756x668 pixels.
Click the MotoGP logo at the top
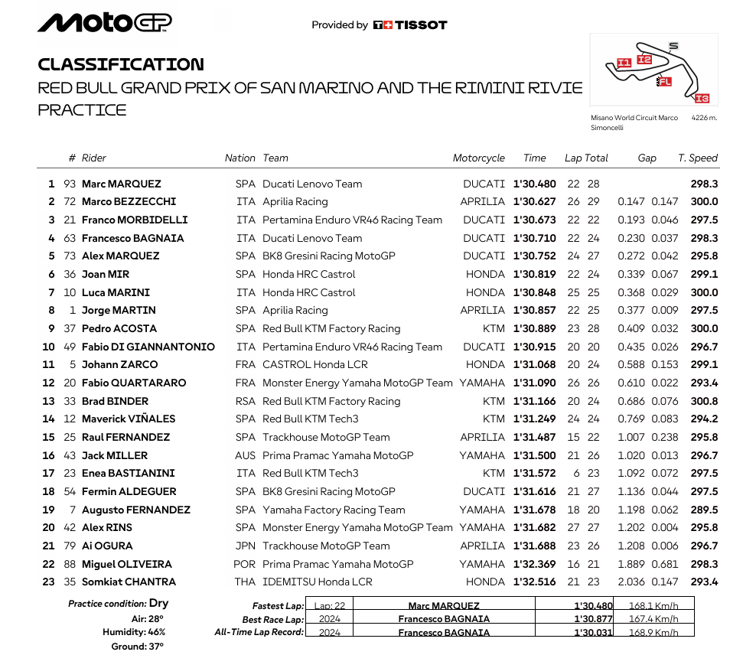point(105,23)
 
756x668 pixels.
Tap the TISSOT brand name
point(420,25)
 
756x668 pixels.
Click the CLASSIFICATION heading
point(121,64)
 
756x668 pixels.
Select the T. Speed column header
point(698,158)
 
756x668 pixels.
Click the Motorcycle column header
point(479,158)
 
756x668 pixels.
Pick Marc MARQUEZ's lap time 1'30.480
point(535,184)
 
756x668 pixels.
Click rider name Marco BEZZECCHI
point(129,202)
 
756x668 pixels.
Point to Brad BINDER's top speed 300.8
point(704,401)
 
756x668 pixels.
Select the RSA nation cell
point(246,401)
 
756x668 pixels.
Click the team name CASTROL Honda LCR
point(318,365)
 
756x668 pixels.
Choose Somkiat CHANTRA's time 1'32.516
point(535,582)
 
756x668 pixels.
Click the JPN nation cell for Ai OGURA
point(246,546)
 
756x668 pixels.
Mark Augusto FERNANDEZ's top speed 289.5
point(704,510)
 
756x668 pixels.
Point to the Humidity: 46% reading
point(134,632)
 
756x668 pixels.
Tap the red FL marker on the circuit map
point(664,82)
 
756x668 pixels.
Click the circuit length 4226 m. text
point(704,119)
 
